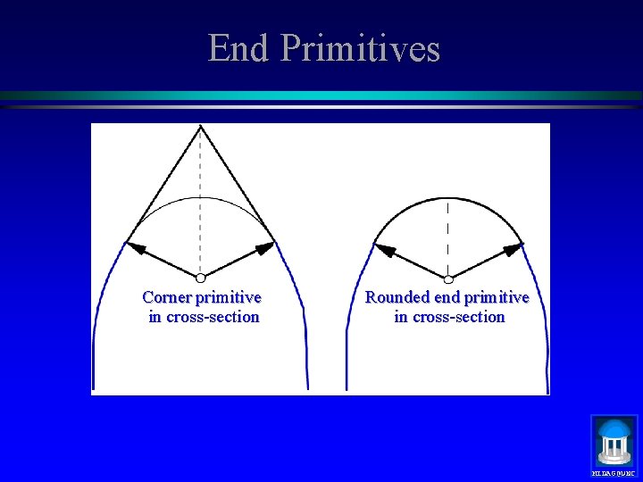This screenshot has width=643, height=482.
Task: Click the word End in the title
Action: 238,48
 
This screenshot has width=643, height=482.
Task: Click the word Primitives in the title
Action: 360,48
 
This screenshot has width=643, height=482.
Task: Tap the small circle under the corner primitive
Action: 201,278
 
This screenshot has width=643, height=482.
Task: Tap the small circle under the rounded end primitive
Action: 448,278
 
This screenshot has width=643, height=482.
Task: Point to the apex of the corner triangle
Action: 201,127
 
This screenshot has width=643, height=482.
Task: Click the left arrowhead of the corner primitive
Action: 135,243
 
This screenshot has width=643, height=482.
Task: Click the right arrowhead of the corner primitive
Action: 265,247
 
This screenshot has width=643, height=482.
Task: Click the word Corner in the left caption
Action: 166,297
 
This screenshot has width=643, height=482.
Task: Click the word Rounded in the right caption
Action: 397,297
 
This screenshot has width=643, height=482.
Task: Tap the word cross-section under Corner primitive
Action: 213,317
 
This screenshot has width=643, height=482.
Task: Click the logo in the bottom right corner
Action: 614,443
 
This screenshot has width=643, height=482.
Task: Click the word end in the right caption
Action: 447,297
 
